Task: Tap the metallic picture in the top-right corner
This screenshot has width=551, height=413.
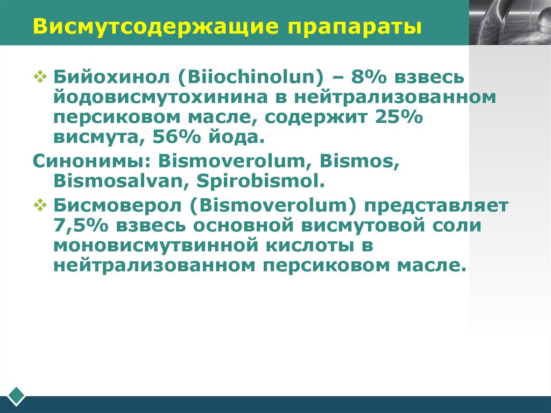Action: (x=510, y=22)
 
